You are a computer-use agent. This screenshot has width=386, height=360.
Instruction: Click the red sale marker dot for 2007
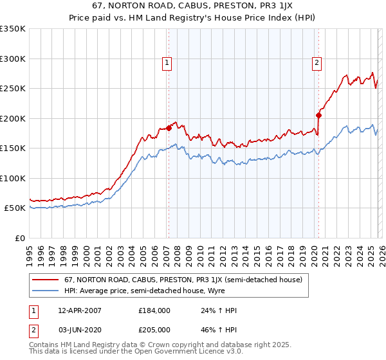pos(169,128)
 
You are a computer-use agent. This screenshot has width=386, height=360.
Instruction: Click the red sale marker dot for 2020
pos(318,116)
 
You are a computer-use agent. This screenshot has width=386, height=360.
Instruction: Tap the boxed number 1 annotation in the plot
pos(167,63)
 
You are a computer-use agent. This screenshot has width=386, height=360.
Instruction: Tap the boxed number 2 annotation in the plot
pos(317,63)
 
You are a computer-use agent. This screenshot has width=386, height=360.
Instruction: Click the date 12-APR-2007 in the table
pos(79,310)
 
